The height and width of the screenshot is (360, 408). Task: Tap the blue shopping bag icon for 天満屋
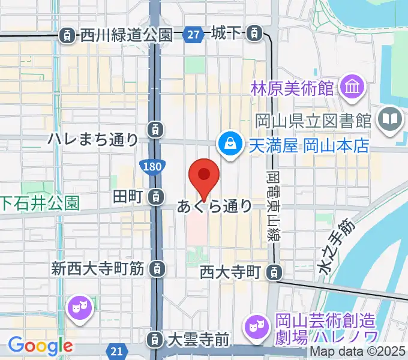coord(229,143)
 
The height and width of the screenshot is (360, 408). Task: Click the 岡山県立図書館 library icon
coord(390,118)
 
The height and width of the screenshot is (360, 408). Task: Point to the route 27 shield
coord(193,35)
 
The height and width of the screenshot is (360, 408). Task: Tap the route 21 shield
coord(118,350)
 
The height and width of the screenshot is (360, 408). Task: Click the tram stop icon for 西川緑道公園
coord(67,36)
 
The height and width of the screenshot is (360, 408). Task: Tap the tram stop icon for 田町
coord(155,196)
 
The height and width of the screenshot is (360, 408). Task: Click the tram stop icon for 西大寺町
coord(274,272)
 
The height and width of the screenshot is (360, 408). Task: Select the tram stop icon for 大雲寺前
coord(155,340)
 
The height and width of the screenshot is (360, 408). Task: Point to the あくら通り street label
coord(214,207)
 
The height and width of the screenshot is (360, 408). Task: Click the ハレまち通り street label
coord(93,140)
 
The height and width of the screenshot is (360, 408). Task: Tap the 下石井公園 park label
coord(40,204)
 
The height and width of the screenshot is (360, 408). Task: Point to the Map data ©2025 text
coord(358,353)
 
